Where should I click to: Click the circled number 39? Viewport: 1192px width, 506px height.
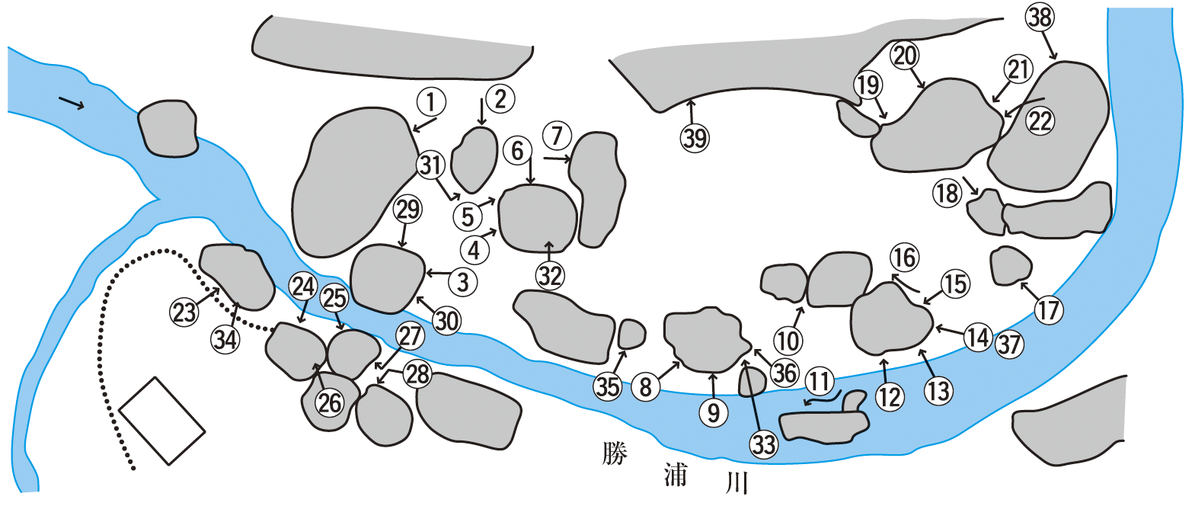point(695,139)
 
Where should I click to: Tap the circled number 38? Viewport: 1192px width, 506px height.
point(1040,17)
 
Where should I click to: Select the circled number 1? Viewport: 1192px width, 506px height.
point(431,101)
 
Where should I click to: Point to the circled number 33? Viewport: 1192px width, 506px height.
point(764,444)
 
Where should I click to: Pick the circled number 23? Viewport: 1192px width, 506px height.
point(184,312)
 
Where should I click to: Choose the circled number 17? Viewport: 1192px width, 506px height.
point(1049,310)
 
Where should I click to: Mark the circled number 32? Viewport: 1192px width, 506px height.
point(550,276)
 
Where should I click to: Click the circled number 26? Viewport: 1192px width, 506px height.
point(330,402)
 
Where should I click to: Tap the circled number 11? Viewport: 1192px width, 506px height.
point(820,381)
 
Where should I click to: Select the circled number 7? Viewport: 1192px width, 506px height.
point(557,136)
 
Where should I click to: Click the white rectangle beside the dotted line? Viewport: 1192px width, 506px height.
point(161,421)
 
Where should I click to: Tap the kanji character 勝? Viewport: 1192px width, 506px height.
point(615,453)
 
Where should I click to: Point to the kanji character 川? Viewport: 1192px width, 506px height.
point(737,482)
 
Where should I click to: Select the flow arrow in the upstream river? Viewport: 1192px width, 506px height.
point(72,104)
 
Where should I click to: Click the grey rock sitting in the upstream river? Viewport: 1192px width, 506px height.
point(168,128)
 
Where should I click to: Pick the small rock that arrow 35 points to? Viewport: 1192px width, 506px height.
point(631,335)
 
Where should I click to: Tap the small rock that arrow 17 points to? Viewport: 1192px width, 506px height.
point(1011,265)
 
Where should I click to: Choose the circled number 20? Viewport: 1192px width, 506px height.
point(905,56)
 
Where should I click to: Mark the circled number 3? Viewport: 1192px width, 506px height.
point(463,281)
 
